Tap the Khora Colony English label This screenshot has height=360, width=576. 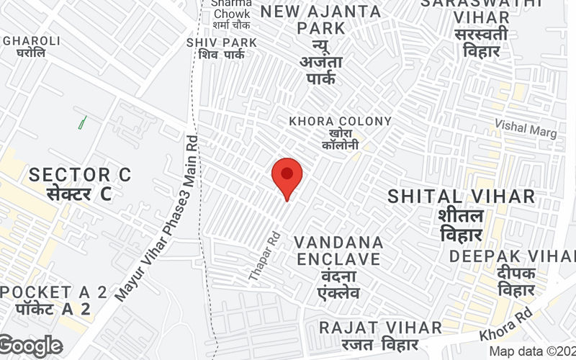click(341, 122)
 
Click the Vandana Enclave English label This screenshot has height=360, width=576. click(338, 250)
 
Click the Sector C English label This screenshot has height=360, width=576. click(80, 174)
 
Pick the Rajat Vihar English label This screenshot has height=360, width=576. click(380, 328)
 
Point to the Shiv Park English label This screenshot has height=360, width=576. click(221, 43)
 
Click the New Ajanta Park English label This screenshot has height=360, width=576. click(321, 22)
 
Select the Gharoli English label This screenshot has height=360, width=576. click(25, 41)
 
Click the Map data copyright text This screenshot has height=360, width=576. click(531, 352)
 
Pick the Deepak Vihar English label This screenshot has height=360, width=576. click(513, 256)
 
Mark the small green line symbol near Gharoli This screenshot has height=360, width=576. click(82, 122)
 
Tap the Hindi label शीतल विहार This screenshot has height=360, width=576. click(462, 225)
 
